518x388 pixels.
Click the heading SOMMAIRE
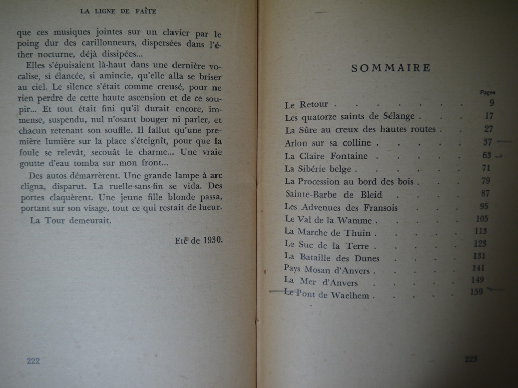(391, 68)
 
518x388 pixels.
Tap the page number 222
(33, 361)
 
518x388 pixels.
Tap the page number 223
(471, 359)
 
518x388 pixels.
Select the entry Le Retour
(307, 105)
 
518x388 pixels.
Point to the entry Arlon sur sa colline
(328, 143)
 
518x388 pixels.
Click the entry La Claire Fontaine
(326, 156)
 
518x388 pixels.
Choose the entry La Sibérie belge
(321, 169)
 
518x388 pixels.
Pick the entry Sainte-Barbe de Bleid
(334, 195)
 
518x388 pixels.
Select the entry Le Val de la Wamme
(328, 220)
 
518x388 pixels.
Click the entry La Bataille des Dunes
(332, 258)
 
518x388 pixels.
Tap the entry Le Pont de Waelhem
(329, 295)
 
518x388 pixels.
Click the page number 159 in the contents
(476, 292)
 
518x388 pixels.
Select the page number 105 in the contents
(482, 218)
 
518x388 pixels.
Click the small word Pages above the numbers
(487, 92)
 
